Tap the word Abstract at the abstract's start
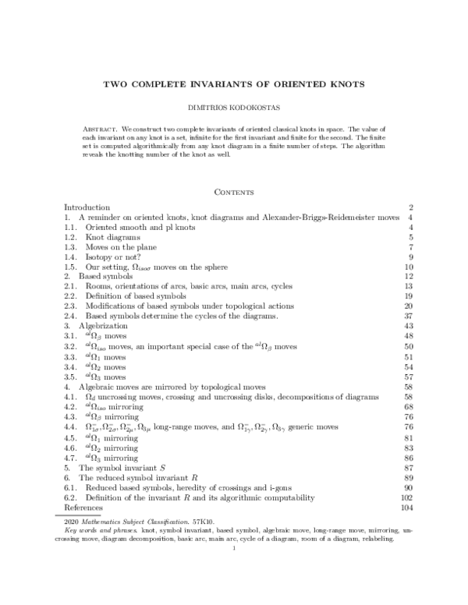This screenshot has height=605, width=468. [100, 126]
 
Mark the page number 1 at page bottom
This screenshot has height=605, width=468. [234, 547]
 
